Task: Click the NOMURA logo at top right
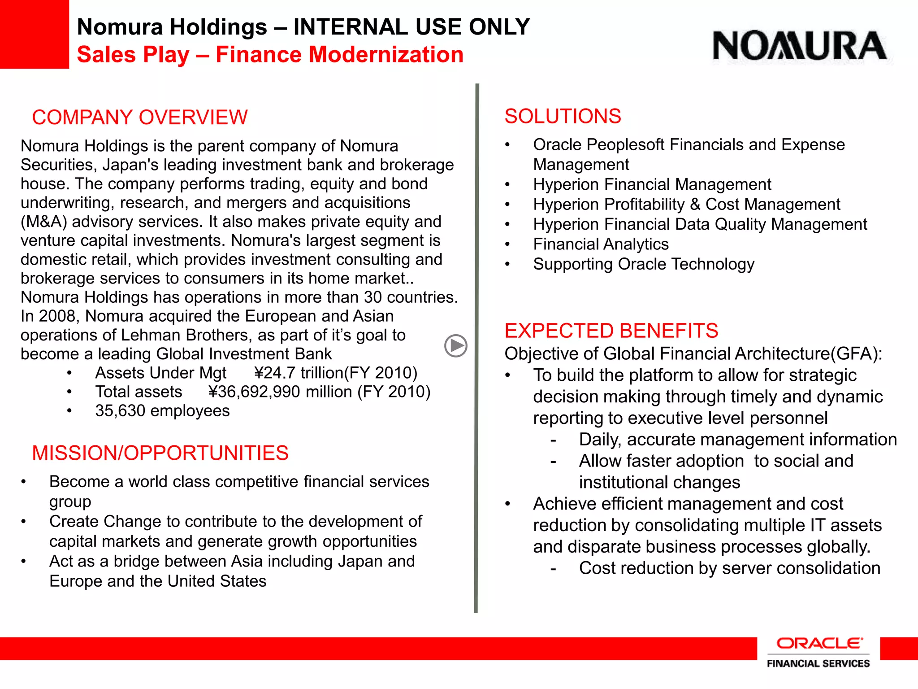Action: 800,46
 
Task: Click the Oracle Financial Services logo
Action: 818,652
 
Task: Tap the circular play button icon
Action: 455,346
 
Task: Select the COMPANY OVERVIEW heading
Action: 139,118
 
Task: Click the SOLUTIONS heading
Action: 563,116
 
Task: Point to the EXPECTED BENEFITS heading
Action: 611,331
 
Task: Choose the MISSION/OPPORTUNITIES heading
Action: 160,453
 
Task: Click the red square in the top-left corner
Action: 34,34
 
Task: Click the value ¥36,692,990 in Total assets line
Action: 255,392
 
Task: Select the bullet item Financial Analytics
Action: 601,244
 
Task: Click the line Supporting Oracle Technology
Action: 643,264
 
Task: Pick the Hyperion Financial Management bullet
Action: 652,184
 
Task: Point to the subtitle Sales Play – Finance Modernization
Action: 270,55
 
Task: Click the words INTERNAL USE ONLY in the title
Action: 411,27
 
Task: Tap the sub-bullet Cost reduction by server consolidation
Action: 729,568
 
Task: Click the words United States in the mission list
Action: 217,581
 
